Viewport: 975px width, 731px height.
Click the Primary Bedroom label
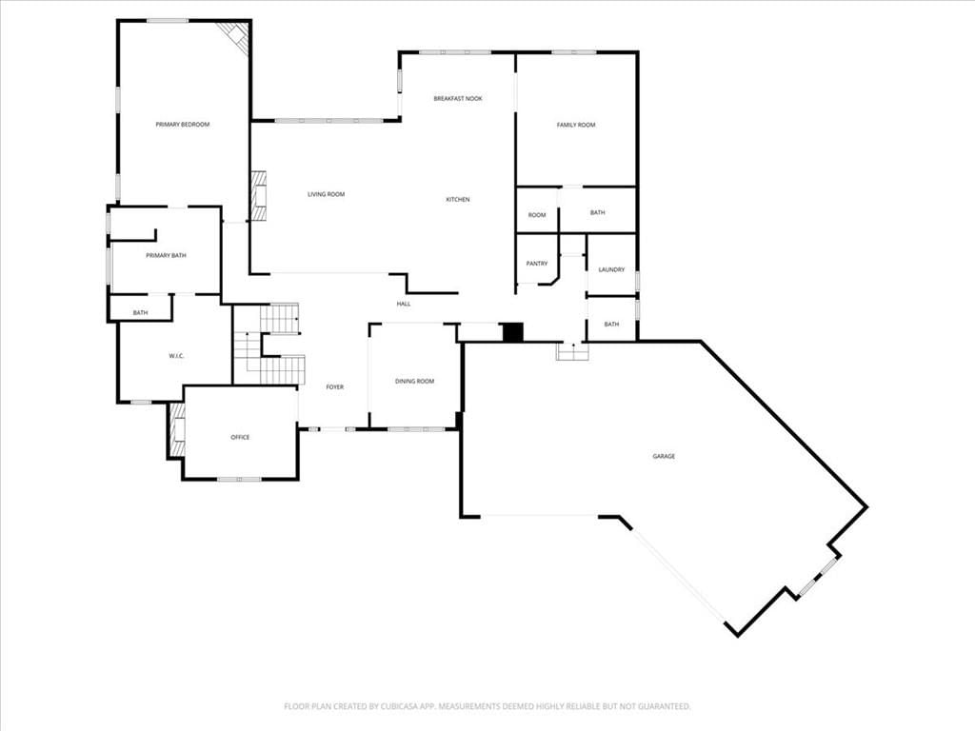182,125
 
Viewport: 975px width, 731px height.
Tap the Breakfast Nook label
458,98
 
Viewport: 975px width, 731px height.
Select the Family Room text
576,125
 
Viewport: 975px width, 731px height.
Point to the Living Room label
326,194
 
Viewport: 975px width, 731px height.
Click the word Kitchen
458,200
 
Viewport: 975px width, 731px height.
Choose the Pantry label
537,264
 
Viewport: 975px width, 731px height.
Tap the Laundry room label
611,269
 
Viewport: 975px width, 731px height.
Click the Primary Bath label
166,255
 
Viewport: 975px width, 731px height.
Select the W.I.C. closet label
176,356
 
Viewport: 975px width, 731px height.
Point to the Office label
240,438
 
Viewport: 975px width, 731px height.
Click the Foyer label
334,387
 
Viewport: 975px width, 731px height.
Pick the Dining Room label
415,381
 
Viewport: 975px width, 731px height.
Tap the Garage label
664,456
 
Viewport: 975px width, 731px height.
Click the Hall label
404,304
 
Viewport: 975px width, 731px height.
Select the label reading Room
537,215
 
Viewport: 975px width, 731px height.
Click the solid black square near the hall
513,332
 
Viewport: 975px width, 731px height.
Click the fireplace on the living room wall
259,196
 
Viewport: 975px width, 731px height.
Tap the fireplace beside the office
177,431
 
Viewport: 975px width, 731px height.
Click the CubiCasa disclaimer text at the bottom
487,706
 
